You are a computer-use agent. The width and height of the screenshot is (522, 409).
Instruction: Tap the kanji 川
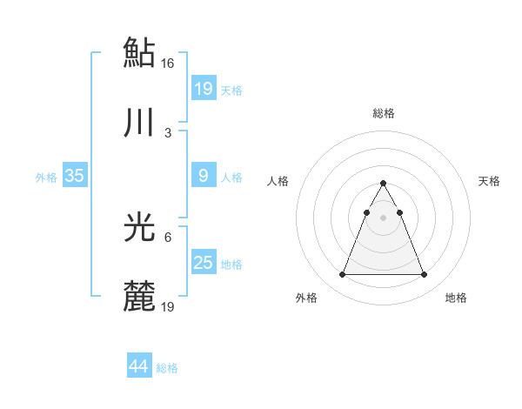139,124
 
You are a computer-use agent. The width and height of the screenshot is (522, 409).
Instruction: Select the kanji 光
139,227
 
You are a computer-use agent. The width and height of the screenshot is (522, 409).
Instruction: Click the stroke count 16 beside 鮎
168,63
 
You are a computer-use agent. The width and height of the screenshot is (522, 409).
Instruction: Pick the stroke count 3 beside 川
168,133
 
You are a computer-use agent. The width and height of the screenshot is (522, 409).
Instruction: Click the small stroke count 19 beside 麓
168,307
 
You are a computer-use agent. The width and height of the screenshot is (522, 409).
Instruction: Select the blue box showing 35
74,176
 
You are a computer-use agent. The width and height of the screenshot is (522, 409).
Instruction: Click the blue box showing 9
203,176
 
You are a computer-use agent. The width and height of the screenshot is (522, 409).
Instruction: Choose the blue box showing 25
203,263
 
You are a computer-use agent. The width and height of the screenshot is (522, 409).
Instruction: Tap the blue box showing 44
138,366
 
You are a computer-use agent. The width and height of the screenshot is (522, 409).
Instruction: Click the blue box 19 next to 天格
203,89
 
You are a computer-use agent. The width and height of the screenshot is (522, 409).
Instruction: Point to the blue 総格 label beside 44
167,368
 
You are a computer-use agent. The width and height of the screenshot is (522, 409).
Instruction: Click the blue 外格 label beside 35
46,178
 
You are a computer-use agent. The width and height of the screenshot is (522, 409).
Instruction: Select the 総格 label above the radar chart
383,113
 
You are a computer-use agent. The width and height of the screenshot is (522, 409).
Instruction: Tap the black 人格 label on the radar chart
278,181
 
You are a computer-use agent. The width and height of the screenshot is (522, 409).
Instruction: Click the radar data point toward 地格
425,275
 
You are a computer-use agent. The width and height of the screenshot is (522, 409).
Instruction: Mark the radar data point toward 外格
342,275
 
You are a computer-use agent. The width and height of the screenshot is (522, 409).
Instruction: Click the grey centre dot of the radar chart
383,218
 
